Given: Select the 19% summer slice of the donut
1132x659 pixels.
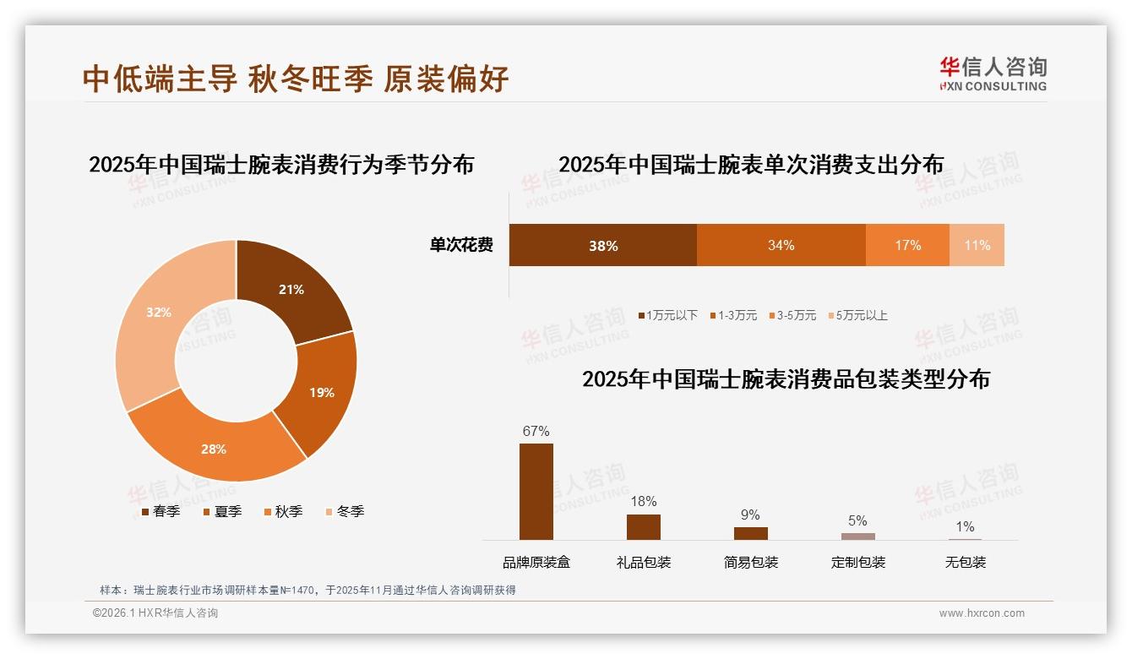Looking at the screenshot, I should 321,392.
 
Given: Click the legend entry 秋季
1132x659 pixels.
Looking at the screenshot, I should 282,511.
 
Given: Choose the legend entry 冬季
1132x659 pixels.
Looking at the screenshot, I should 344,511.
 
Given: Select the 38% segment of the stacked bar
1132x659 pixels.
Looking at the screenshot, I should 603,245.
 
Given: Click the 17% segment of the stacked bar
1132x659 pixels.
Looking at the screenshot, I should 907,245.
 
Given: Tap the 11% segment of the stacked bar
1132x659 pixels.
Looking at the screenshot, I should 977,245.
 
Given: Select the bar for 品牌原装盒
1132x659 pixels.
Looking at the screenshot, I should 536,491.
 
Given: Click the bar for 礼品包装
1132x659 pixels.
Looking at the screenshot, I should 643,526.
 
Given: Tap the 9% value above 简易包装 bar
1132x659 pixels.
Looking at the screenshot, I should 750,515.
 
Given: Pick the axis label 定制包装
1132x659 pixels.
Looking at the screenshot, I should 857,562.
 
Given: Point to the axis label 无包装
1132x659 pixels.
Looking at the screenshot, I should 965,562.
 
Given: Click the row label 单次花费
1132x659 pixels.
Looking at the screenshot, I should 461,245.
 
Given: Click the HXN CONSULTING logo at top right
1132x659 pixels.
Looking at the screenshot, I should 993,74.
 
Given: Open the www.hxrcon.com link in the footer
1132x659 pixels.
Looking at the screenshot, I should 982,613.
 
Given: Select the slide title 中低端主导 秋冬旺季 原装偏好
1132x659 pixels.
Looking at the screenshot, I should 296,79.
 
